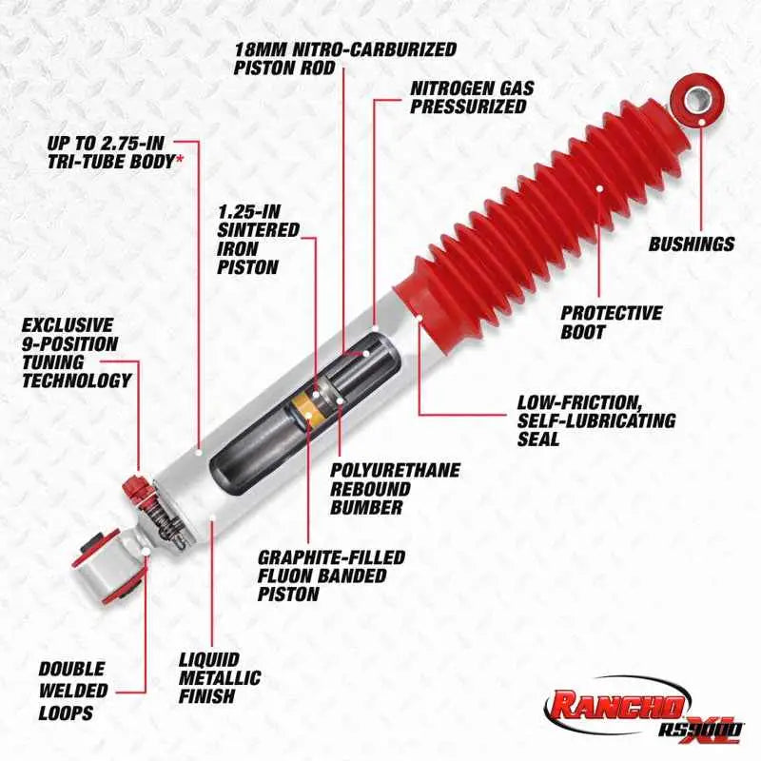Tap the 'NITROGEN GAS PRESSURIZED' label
(x=472, y=97)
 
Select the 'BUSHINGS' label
(x=692, y=244)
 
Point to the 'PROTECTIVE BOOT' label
(x=610, y=322)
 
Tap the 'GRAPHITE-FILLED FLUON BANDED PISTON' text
(x=331, y=575)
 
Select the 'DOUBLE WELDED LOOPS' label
(x=72, y=691)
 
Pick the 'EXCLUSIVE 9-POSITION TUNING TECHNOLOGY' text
(x=76, y=353)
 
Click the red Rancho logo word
(x=615, y=705)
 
